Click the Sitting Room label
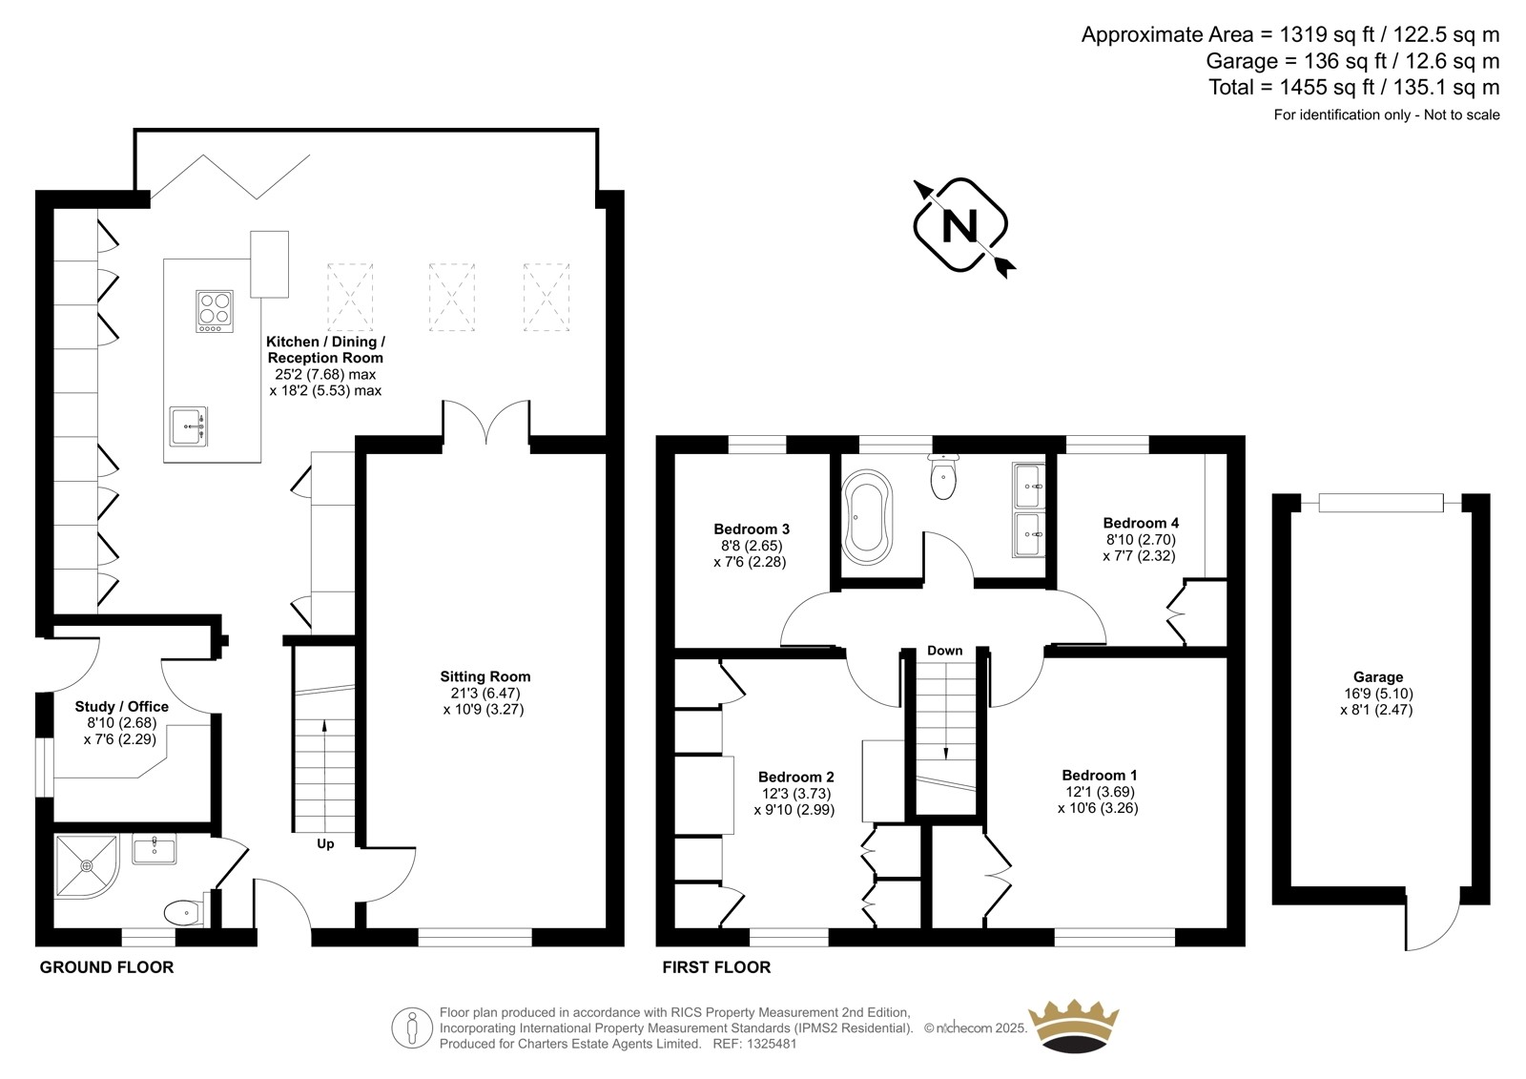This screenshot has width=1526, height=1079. (485, 676)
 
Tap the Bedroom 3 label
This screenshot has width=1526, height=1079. (752, 529)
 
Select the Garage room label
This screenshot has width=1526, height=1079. (1377, 676)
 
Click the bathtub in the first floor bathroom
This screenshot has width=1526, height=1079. (867, 517)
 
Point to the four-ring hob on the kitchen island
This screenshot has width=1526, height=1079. (215, 312)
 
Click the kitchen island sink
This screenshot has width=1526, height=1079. (189, 426)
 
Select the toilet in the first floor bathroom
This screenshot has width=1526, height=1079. (943, 476)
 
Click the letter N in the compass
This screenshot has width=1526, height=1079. (959, 225)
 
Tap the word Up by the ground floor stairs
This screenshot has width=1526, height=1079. (325, 844)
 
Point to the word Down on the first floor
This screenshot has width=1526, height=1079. (945, 651)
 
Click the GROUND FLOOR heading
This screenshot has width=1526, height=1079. (106, 967)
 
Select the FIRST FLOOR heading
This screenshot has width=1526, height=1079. (716, 967)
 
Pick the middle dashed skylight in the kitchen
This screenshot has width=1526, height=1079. (452, 298)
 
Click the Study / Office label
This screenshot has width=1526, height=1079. (121, 706)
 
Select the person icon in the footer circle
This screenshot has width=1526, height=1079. (411, 1027)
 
